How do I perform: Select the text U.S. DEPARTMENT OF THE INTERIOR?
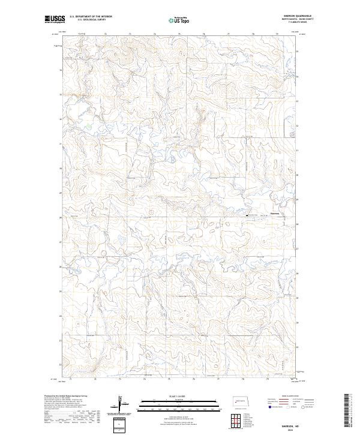point(91,17)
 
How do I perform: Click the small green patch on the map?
point(89,125)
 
